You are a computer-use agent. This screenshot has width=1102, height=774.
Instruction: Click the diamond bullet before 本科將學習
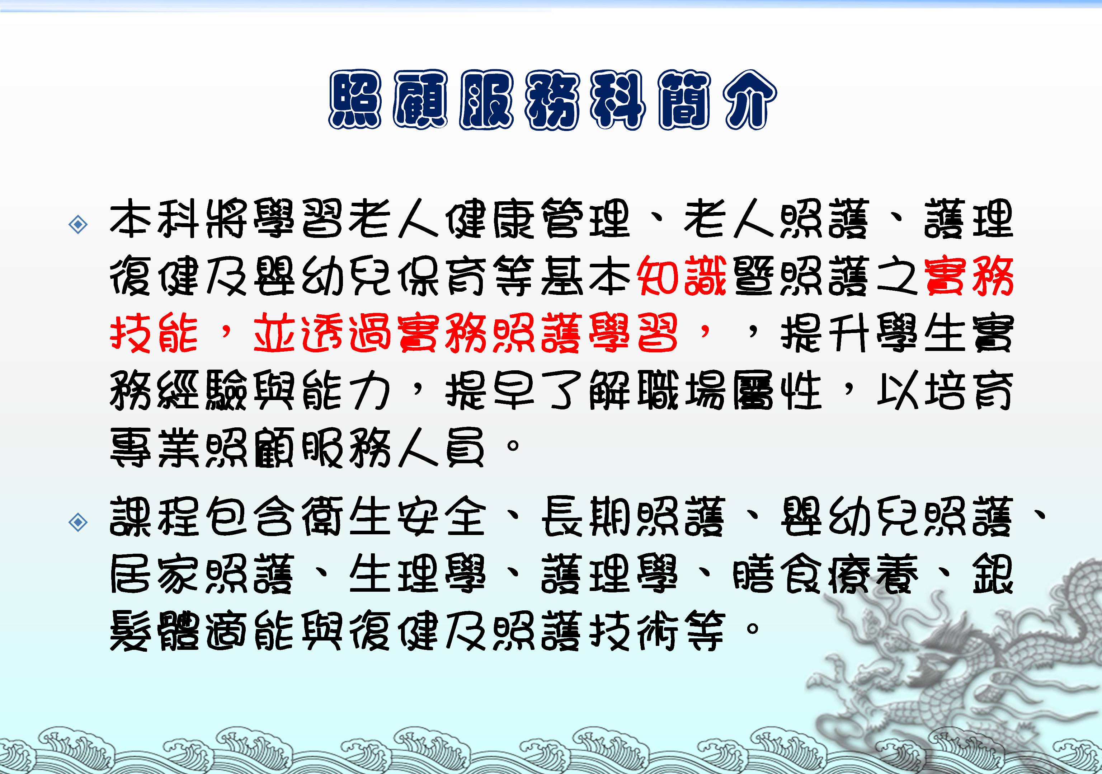78,224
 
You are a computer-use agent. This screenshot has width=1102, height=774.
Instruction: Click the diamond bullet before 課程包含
78,522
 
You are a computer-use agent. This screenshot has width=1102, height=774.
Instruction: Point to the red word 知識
682,277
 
